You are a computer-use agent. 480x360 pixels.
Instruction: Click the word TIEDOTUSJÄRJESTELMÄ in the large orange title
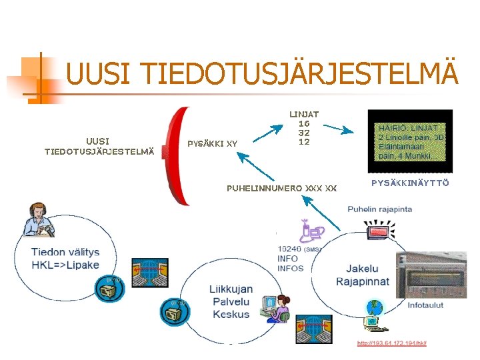300,74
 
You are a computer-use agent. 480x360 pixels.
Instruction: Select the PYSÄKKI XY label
212,143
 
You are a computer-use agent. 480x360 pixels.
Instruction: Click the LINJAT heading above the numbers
303,115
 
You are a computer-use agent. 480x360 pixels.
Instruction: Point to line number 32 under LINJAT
303,133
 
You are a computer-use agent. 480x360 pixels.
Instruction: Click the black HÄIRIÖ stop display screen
410,141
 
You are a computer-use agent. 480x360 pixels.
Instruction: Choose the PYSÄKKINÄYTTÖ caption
410,183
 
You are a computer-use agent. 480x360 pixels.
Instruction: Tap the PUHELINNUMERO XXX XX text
281,189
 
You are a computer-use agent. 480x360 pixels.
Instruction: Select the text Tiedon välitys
65,252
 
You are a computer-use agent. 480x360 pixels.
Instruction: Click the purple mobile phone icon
311,230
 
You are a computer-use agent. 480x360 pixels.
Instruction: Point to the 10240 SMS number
291,249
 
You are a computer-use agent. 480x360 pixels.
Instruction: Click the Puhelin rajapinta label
379,209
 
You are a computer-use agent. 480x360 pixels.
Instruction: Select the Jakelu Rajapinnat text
367,275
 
